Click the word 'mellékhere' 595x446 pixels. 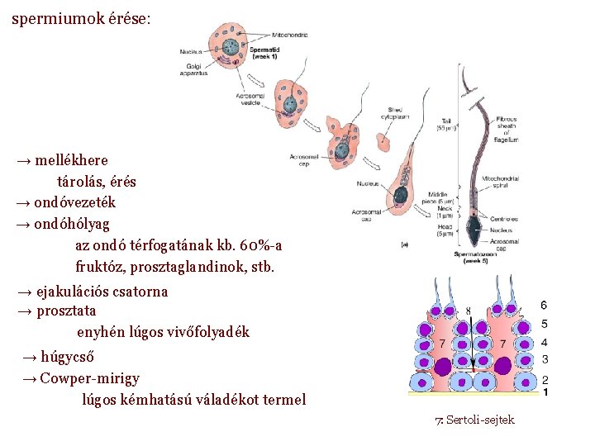coord(71,159)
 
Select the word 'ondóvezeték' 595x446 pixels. coord(74,202)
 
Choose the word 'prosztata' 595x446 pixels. coord(67,311)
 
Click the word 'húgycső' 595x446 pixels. coord(67,358)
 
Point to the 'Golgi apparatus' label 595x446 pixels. coord(193,69)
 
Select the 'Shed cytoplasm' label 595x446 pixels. coord(396,114)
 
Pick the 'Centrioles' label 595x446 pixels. coord(502,220)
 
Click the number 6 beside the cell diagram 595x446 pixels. coord(544,306)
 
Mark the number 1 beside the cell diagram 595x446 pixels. coord(545,391)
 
